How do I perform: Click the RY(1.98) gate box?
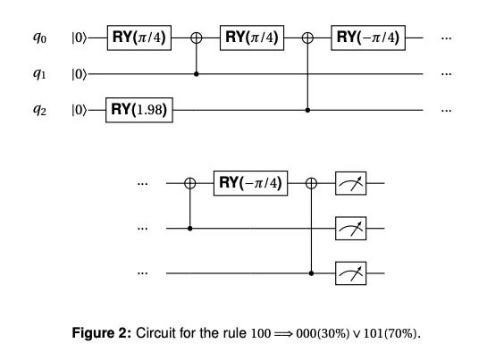coord(139,110)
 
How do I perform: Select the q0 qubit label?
coord(39,38)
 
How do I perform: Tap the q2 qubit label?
coord(39,110)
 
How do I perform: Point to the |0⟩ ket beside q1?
coord(80,74)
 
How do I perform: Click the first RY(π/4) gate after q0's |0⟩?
coord(139,38)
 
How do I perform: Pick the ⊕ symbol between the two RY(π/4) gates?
coord(197,38)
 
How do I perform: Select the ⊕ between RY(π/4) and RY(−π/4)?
coord(307,38)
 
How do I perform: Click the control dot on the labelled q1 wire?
coord(197,74)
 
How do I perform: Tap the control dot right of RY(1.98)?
coord(307,110)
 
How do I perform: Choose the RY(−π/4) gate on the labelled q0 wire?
coord(368,38)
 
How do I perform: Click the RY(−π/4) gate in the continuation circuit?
coord(250,183)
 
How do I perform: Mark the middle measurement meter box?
coord(350,229)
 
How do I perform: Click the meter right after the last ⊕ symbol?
coord(350,183)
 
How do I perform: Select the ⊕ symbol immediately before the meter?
coord(312,183)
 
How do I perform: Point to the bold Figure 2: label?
coord(102,333)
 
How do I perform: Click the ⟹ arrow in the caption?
coord(283,334)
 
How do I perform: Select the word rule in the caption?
coord(234,333)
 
